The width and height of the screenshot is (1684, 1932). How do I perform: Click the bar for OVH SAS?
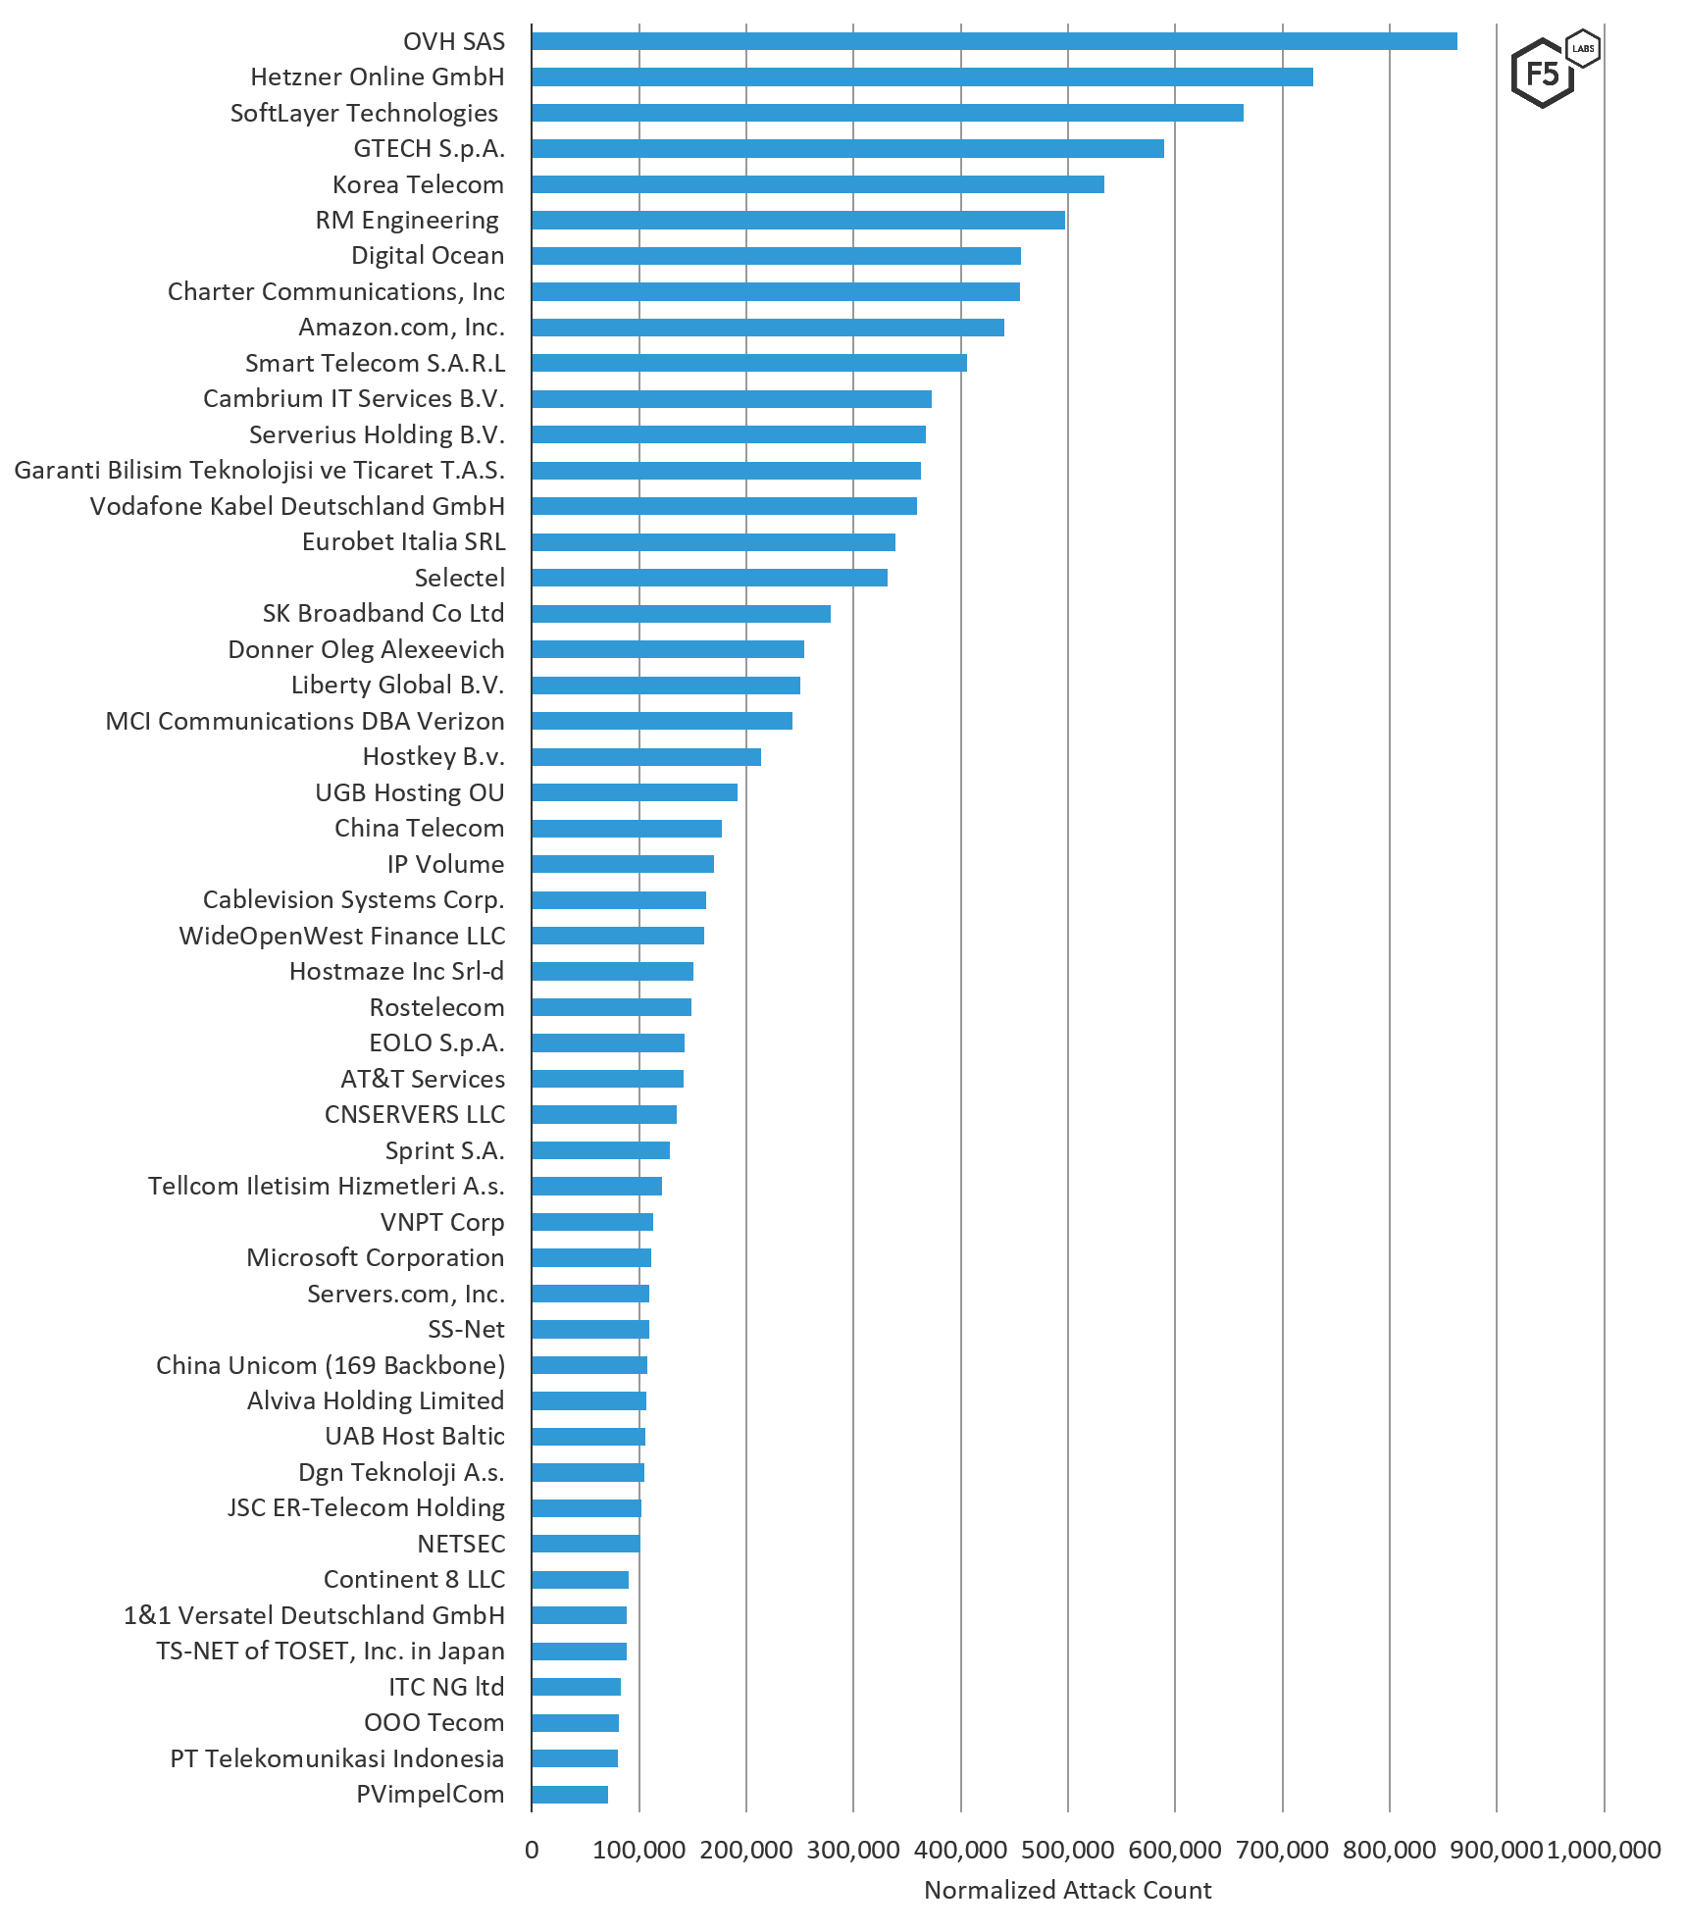pos(994,41)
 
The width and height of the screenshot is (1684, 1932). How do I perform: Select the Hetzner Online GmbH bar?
pos(922,77)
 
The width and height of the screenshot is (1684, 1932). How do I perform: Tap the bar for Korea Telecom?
pos(818,184)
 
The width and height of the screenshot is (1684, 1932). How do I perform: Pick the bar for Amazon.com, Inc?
pos(768,328)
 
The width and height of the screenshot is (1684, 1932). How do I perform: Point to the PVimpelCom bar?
pos(570,1795)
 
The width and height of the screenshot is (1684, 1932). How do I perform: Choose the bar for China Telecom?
pos(627,829)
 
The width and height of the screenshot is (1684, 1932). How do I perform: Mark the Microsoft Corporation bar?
pos(591,1258)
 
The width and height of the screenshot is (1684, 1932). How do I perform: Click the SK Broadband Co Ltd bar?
pos(681,614)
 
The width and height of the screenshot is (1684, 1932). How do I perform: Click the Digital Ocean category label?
pos(428,256)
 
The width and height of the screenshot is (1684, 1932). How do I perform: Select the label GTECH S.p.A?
pos(429,149)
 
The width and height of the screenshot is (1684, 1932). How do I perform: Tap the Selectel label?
pos(459,578)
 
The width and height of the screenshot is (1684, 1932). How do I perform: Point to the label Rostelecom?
pos(436,1007)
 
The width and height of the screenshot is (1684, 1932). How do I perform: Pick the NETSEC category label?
pos(461,1544)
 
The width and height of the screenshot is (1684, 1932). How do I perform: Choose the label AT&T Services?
pos(423,1079)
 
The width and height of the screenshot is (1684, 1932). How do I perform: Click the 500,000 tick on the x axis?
pos(1067,1850)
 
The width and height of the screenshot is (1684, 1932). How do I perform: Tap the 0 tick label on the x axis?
pos(532,1850)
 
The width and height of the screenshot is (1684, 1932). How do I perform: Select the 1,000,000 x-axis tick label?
pos(1605,1850)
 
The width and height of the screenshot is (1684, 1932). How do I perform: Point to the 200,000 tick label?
pos(745,1850)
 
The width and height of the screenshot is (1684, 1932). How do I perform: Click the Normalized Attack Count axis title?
pos(1067,1890)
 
